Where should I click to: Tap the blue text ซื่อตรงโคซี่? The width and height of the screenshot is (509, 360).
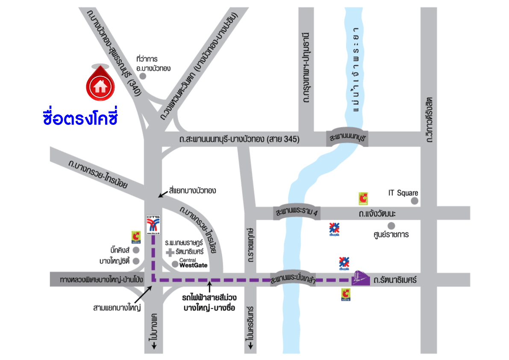(80, 117)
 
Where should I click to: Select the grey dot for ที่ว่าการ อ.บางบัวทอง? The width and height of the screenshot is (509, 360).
(143, 76)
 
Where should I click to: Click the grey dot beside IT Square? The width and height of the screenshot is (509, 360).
(414, 201)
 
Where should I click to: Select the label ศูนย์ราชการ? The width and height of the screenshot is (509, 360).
(390, 235)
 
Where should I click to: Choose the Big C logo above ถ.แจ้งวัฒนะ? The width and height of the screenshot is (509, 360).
(363, 198)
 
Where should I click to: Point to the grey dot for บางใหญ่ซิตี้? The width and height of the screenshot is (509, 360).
(136, 261)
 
